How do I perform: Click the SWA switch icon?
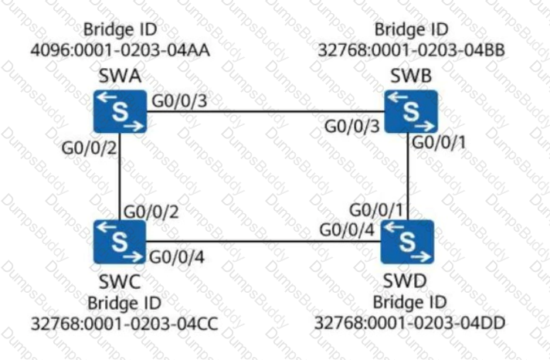120,111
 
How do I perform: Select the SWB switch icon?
411,111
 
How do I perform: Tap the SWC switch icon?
120,242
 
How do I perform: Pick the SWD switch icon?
407,242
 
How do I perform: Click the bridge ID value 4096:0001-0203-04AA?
121,49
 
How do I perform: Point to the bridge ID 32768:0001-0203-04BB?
412,49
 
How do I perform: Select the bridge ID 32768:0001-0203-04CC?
124,324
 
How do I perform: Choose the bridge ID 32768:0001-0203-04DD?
409,323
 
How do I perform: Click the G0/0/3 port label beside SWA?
179,101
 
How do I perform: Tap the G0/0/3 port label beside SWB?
351,127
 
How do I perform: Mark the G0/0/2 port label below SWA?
89,148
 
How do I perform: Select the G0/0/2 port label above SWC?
151,212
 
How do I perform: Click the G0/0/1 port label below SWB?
439,142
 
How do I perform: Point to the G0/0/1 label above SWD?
376,210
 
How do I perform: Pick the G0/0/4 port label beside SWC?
177,257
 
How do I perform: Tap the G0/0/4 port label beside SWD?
347,230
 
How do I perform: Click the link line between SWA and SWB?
266,111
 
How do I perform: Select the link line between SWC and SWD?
263,241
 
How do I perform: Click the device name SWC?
120,281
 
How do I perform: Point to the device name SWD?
405,280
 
